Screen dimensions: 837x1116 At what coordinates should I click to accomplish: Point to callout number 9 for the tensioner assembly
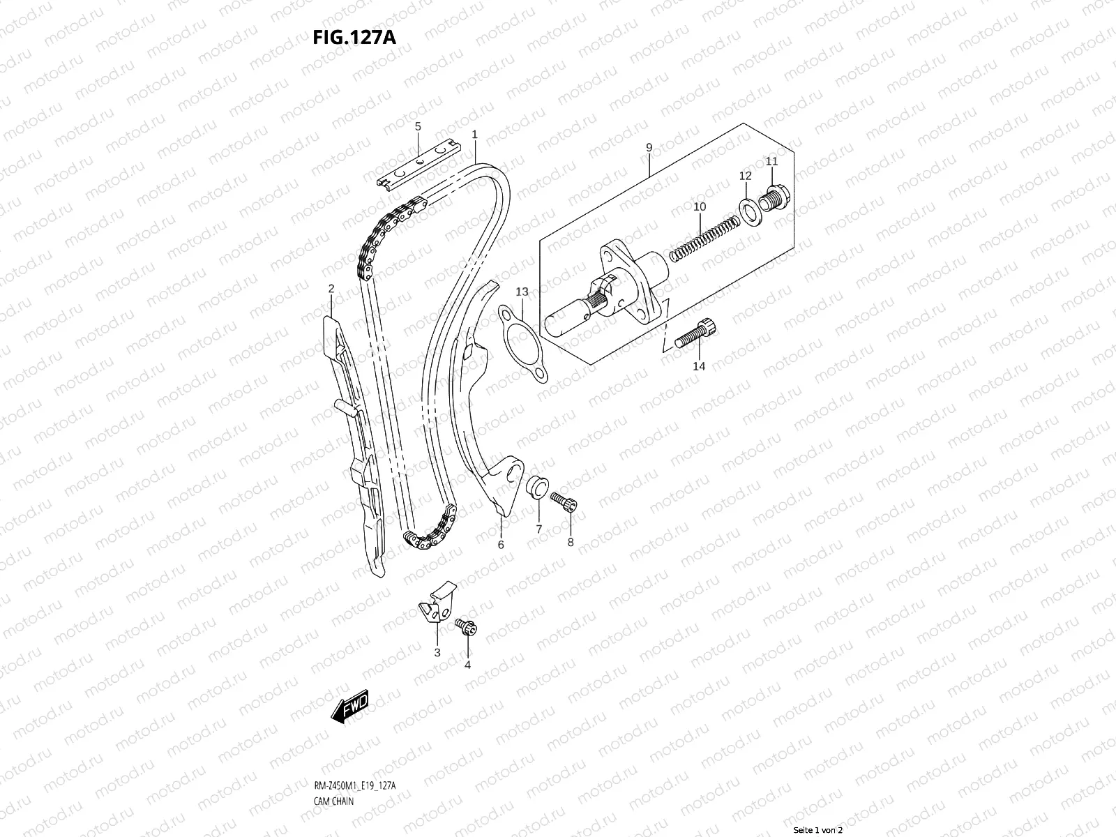649,148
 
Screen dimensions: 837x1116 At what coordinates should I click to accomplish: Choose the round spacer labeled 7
537,485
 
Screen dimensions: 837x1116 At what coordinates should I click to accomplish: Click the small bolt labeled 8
562,500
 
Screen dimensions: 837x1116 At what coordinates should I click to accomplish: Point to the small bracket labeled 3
436,603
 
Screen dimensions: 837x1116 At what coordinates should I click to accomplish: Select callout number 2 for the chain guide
331,289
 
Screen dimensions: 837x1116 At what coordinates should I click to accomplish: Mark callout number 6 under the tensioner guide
500,545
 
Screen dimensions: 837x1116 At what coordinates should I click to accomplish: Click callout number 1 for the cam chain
474,134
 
